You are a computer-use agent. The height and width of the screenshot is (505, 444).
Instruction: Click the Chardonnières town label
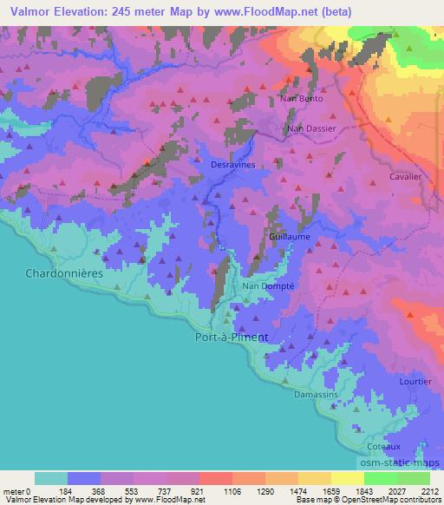tap(60, 272)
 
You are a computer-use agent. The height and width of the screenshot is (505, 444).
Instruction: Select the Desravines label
tap(232, 162)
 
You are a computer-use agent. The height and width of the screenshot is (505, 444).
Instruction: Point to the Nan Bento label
tap(301, 100)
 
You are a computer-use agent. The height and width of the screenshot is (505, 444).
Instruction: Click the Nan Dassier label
tap(311, 129)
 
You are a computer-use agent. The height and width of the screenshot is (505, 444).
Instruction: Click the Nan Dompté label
tap(268, 285)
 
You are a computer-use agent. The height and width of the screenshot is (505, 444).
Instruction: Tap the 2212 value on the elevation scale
tap(431, 490)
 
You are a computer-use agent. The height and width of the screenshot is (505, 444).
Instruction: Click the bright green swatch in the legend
tap(381, 478)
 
